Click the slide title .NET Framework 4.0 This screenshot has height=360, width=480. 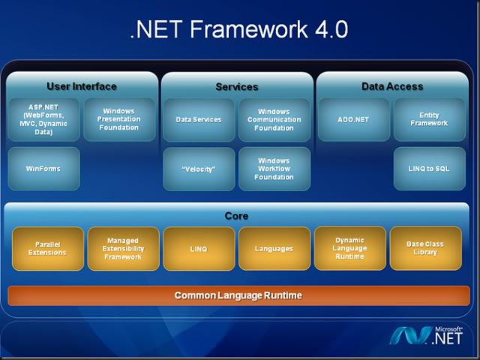point(239,29)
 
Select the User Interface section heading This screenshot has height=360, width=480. point(81,86)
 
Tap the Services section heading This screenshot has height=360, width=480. point(237,87)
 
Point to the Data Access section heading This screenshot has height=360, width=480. point(392,86)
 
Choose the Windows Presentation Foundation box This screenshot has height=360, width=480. point(119,119)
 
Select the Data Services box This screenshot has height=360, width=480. point(199,119)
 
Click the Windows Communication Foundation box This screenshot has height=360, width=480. point(274,119)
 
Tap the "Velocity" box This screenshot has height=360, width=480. point(199,169)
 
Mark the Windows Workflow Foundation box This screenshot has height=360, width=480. point(274,169)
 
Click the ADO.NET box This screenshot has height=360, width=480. point(352,119)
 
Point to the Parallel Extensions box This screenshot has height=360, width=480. point(46,248)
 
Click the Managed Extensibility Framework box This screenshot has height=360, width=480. point(123,248)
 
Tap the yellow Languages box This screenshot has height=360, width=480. point(274,248)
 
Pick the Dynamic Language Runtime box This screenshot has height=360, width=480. point(349,248)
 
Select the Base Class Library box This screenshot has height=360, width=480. point(425,248)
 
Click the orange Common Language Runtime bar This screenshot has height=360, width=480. point(238,295)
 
